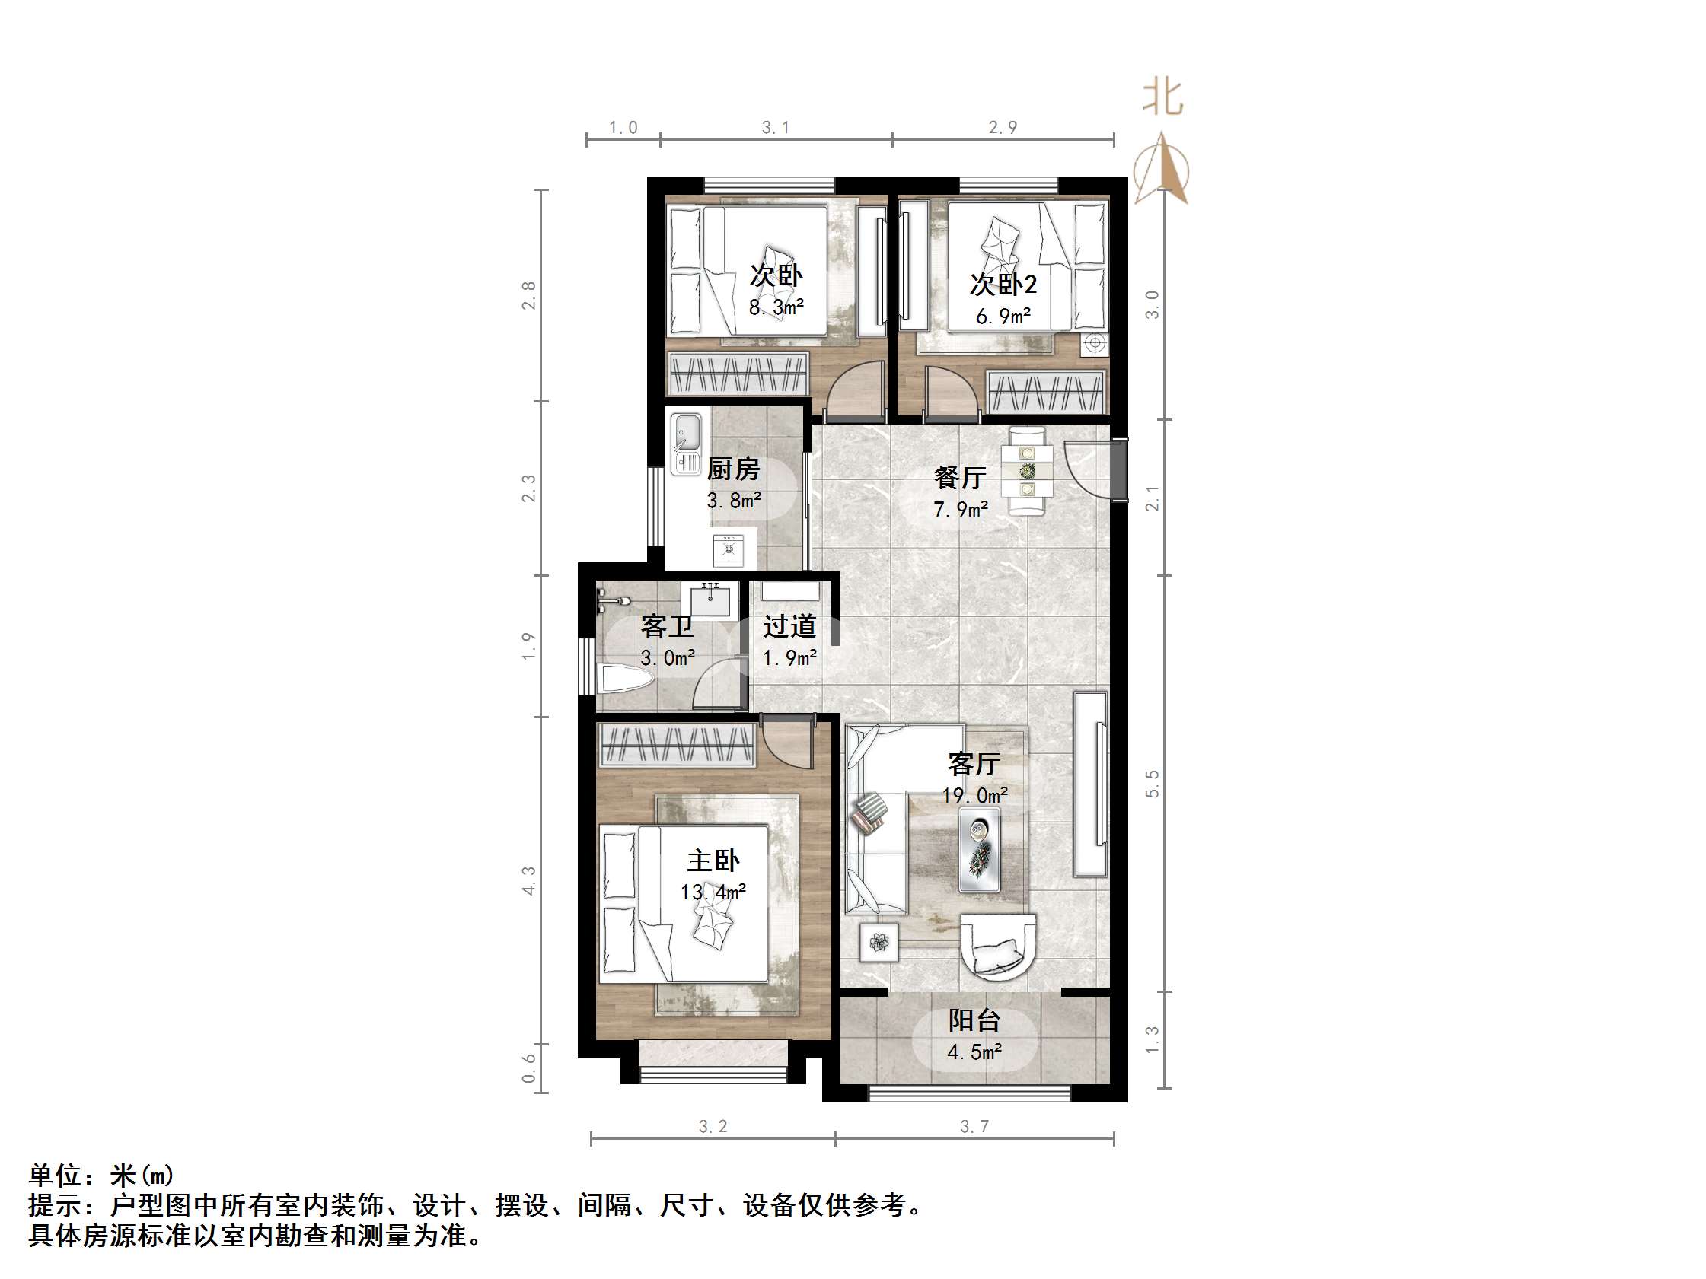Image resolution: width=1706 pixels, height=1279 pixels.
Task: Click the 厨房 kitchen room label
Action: click(x=732, y=469)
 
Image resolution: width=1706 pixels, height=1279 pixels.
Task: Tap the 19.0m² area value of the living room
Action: click(x=975, y=795)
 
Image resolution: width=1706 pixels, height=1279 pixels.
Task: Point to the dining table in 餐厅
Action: click(x=1026, y=470)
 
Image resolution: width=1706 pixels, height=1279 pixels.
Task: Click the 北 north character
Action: click(x=1162, y=98)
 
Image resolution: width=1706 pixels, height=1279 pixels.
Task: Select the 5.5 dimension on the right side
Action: click(x=1153, y=783)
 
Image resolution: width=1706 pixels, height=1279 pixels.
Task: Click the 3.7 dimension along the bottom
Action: click(x=974, y=1126)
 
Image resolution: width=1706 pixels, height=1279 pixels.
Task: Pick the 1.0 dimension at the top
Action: click(x=623, y=128)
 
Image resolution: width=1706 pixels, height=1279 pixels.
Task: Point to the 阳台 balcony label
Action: click(x=974, y=1021)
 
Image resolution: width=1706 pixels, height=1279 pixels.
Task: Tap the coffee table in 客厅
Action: click(x=980, y=849)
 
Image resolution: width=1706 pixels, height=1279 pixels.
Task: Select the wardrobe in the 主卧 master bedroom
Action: click(x=676, y=745)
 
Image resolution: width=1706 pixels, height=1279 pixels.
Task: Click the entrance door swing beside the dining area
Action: click(x=1089, y=470)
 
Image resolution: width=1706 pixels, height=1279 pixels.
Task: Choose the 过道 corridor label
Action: click(x=789, y=626)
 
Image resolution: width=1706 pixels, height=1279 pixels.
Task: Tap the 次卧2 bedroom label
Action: click(x=1003, y=285)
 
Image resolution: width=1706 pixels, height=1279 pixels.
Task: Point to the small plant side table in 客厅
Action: click(x=879, y=941)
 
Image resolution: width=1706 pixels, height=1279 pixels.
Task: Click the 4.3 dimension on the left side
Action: click(x=529, y=880)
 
